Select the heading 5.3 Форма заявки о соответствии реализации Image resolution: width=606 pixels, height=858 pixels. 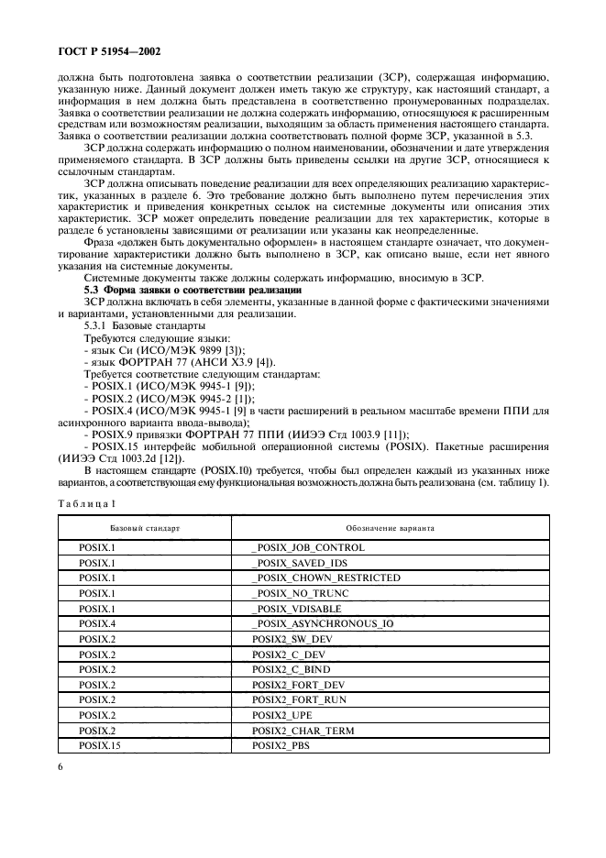193,290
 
